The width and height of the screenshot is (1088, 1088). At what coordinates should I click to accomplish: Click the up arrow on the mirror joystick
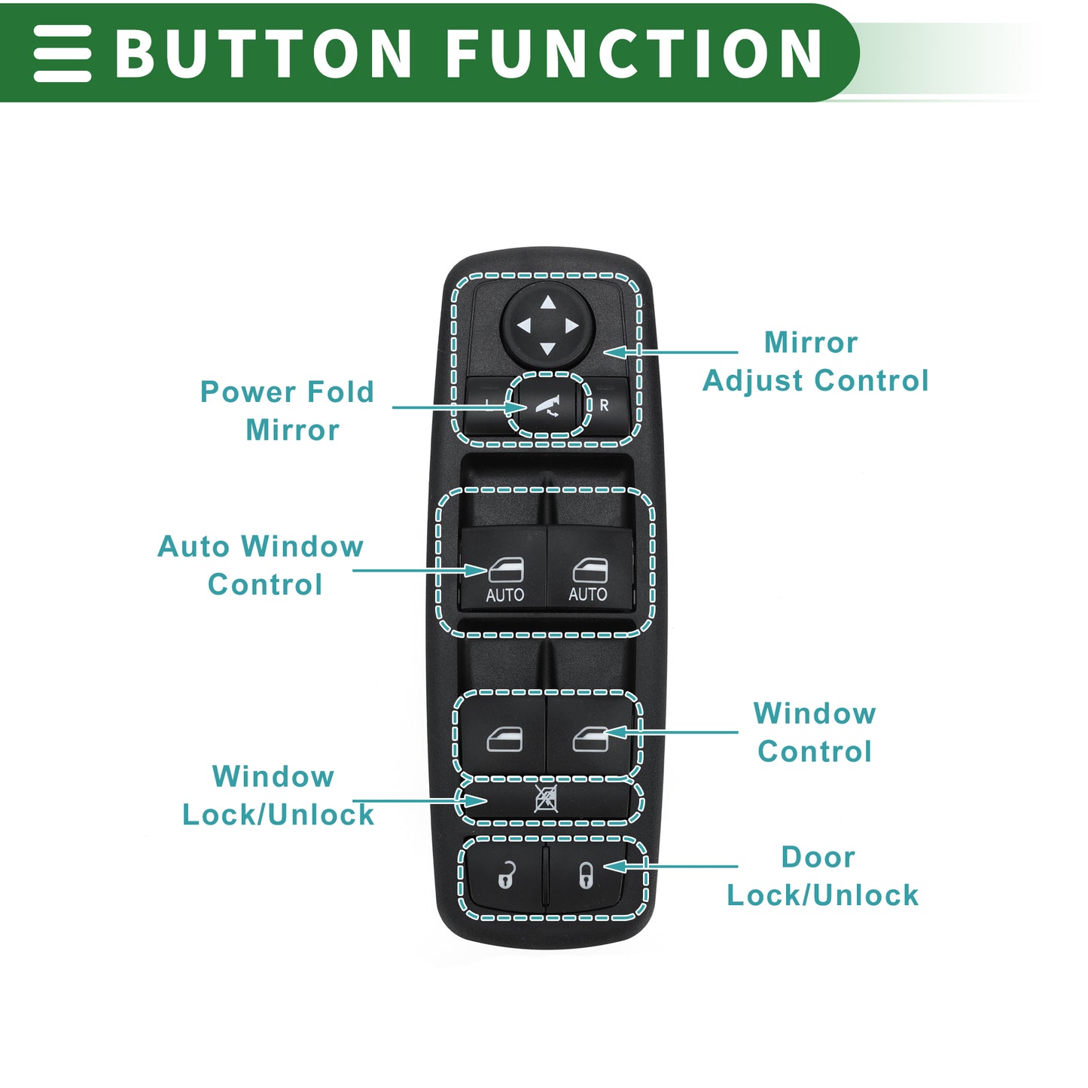547,303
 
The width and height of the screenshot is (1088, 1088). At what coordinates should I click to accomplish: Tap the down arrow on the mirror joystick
547,349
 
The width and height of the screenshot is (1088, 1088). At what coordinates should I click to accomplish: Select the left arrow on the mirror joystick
523,326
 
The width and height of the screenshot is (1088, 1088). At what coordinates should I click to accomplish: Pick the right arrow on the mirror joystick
571,326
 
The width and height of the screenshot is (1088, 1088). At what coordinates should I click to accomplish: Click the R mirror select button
604,405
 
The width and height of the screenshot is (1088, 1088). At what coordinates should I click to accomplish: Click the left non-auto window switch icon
504,739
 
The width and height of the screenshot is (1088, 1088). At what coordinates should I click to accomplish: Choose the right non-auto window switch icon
590,739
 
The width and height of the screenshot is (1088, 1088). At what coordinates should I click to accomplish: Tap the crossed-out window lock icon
545,799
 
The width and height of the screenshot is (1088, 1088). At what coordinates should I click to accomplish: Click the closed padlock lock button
586,876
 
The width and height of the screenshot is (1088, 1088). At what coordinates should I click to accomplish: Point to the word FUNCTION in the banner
633,53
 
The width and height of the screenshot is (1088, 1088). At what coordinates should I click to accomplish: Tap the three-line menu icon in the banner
62,53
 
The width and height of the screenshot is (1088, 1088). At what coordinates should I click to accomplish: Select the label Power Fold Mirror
288,410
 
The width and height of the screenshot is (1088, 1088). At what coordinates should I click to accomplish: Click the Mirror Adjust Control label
815,361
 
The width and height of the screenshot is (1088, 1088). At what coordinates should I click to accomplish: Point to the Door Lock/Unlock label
822,876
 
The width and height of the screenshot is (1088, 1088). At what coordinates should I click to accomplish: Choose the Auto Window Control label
261,565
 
